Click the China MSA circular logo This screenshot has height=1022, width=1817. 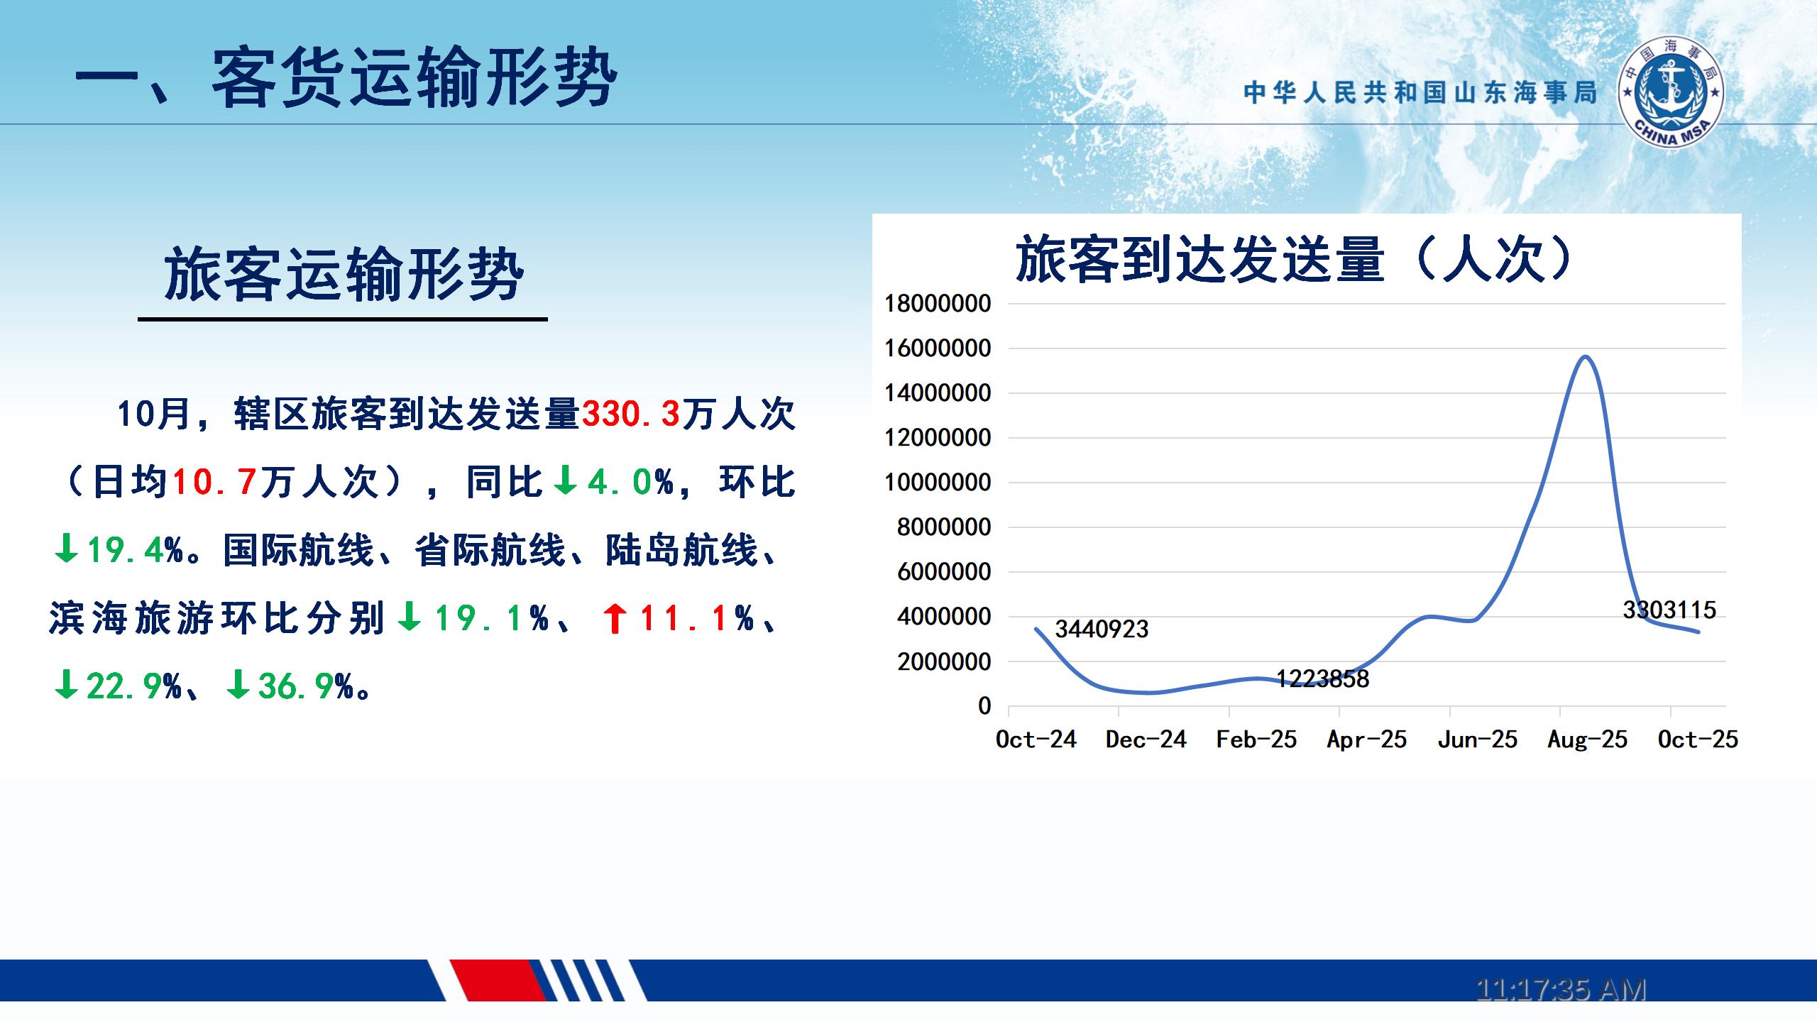point(1671,93)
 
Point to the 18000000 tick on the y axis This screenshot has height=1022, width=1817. point(938,304)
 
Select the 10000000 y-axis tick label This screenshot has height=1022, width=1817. point(938,483)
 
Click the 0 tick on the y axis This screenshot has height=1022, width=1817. point(984,706)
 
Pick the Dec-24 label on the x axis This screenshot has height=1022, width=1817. point(1146,740)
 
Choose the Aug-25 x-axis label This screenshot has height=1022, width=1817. point(1588,740)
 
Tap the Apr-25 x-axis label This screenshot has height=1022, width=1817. point(1367,740)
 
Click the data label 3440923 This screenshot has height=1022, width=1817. point(1102,629)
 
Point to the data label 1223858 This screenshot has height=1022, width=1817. point(1323,678)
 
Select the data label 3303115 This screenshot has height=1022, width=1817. point(1669,610)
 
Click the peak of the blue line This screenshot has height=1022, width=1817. point(1586,356)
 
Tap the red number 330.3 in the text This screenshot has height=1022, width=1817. point(631,414)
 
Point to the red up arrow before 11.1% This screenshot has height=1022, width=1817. point(615,618)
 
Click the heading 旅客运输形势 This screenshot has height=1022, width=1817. point(344,275)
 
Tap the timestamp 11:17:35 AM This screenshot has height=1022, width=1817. point(1561,989)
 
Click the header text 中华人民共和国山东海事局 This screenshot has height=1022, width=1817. point(1420,92)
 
